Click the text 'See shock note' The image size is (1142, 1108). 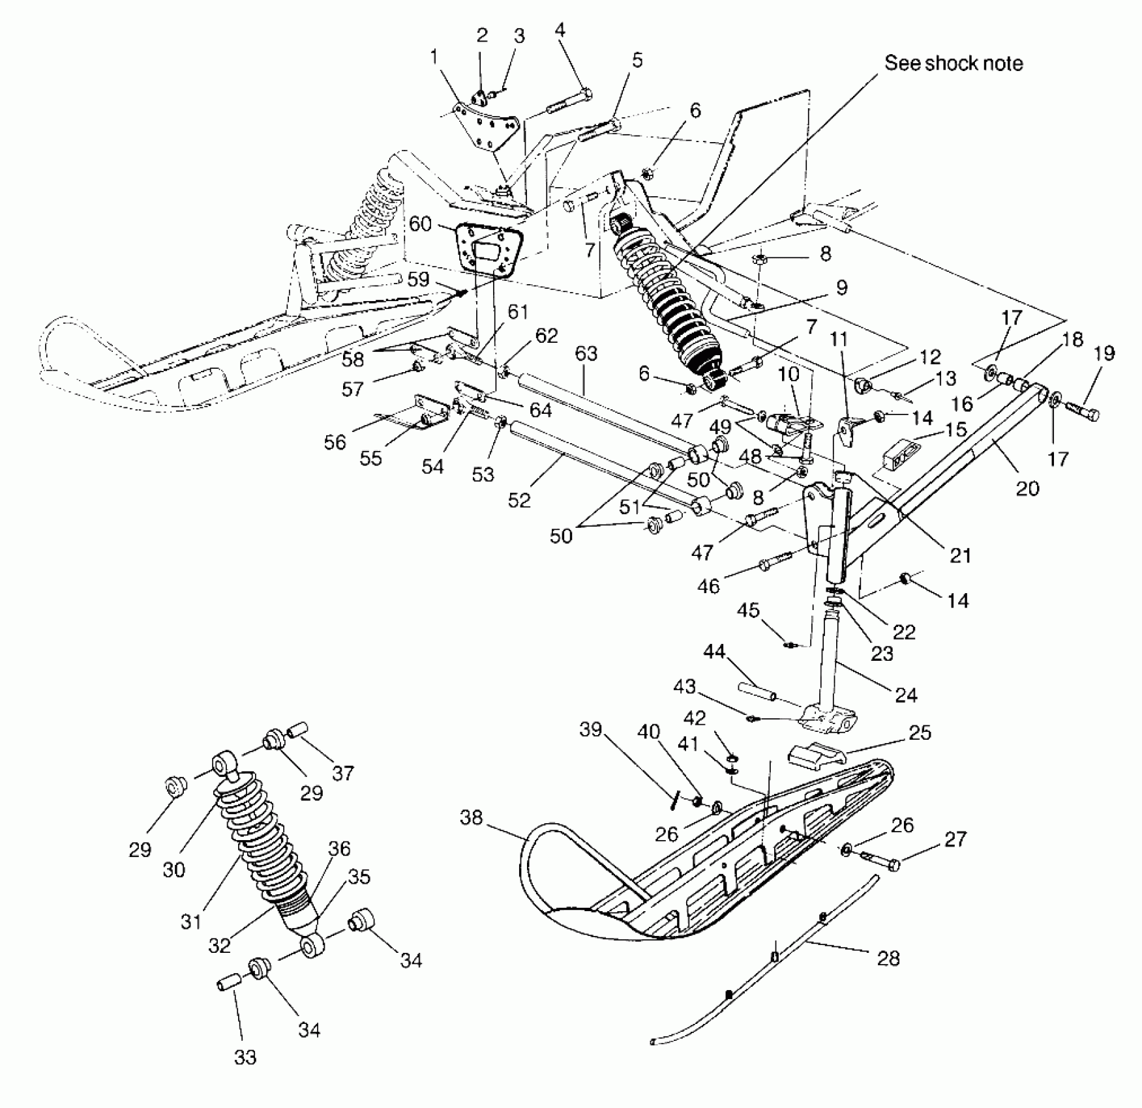(953, 63)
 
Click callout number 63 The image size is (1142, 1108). (586, 353)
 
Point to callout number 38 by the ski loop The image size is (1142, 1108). (471, 817)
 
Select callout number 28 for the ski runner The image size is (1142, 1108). (888, 957)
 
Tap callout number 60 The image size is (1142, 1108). (421, 224)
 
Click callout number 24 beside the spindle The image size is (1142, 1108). (906, 695)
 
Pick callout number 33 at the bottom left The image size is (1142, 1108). (245, 1057)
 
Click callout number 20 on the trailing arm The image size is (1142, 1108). (1027, 488)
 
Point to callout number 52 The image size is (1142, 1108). (519, 499)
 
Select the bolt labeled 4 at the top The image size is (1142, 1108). (570, 102)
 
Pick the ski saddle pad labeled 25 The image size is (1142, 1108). (817, 755)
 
